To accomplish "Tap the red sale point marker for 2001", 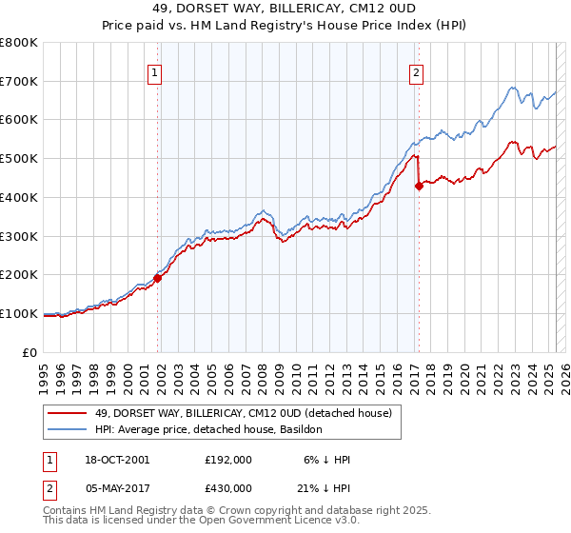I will pos(158,277).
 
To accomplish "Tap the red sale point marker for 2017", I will pos(419,186).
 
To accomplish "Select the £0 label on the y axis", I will pos(31,352).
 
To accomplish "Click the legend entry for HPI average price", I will pos(208,430).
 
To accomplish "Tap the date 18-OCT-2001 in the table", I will pos(117,460).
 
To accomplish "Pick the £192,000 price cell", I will pos(227,460).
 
